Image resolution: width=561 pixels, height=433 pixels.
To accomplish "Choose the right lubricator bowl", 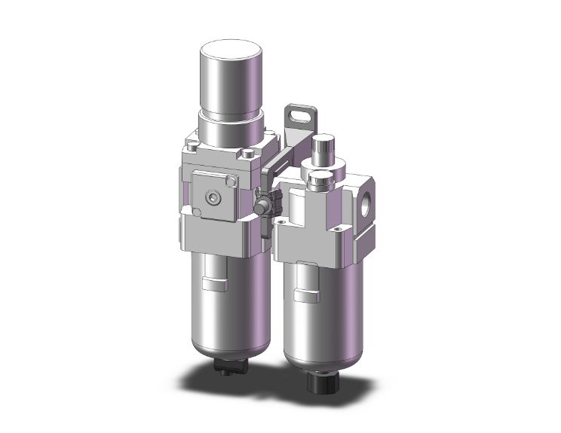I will [x=309, y=309].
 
